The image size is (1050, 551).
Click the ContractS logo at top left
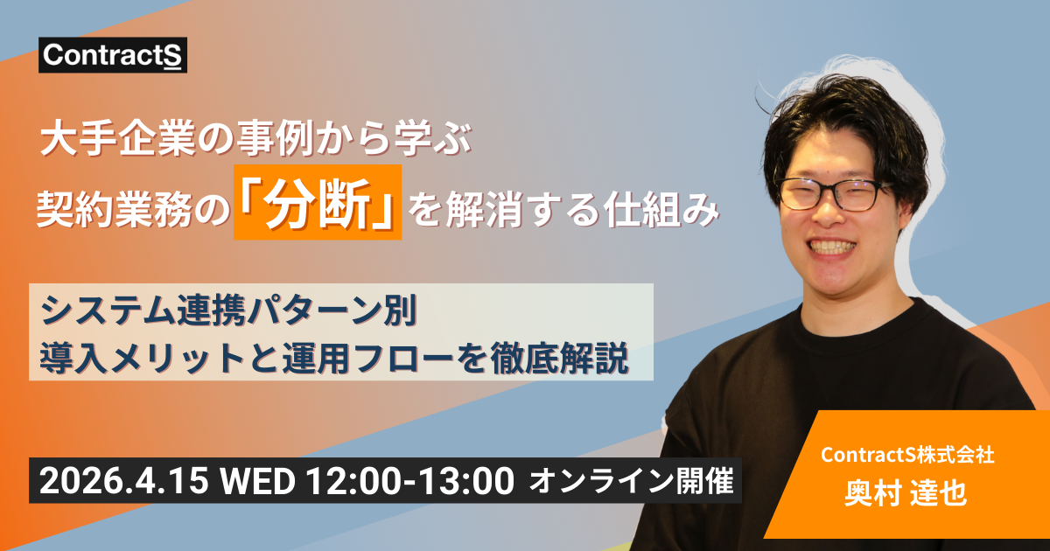[x=112, y=56]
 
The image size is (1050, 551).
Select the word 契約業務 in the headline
[x=104, y=211]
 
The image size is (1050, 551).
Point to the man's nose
[x=831, y=219]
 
